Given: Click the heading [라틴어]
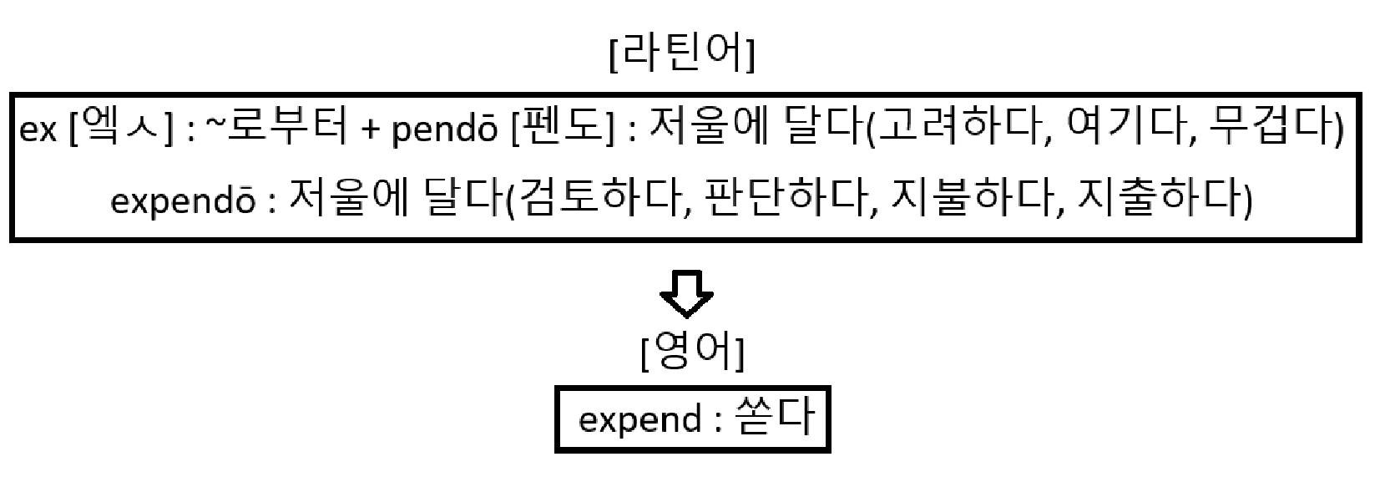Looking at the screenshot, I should [x=683, y=55].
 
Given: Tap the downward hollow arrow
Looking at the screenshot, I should [x=686, y=293].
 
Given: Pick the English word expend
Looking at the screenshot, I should [x=639, y=419].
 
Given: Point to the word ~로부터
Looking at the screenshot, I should [x=276, y=132].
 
